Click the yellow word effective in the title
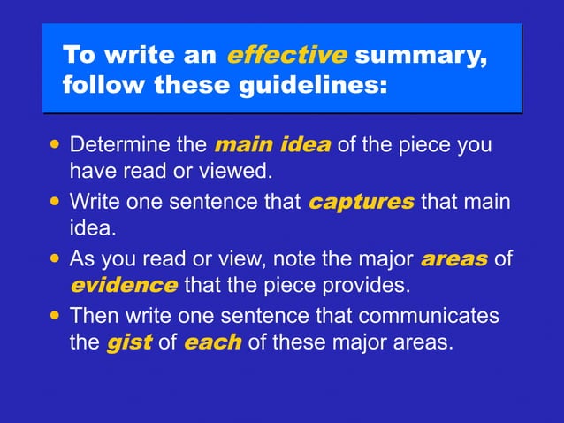(286, 56)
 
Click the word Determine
(119, 144)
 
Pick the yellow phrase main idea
(272, 144)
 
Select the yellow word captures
(361, 203)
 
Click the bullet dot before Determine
(57, 143)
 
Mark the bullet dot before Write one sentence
(57, 202)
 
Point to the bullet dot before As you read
(57, 259)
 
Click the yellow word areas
(453, 260)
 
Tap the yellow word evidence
(123, 285)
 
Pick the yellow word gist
(129, 342)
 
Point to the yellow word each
(212, 342)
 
